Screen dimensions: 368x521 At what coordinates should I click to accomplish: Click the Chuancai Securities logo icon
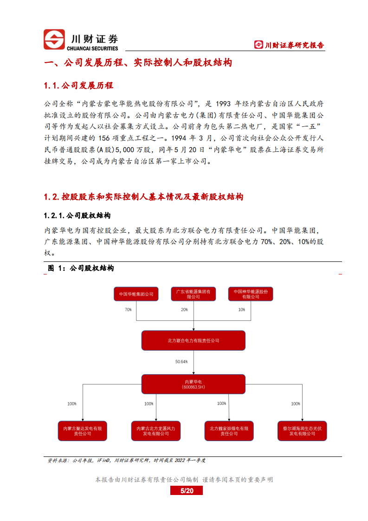[54, 39]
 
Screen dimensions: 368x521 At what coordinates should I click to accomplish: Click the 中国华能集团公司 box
[136, 294]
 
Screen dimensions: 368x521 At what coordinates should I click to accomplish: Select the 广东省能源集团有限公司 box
[194, 294]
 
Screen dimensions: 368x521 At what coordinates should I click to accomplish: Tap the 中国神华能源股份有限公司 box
[251, 294]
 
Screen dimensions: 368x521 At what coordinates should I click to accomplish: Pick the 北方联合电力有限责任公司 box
[194, 340]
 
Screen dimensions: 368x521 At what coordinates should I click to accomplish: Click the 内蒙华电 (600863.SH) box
[194, 384]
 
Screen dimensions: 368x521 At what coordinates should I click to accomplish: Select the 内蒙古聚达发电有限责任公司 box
[83, 431]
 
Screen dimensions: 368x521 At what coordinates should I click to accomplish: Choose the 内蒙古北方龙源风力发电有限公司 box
[156, 431]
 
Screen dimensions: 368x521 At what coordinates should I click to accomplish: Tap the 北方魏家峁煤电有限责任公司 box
[229, 431]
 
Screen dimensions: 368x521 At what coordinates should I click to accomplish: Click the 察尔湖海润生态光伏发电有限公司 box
[302, 431]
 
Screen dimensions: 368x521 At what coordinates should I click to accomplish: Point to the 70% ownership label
[128, 309]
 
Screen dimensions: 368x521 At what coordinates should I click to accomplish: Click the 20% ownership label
[185, 309]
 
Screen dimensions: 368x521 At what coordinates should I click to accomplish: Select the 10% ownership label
[242, 309]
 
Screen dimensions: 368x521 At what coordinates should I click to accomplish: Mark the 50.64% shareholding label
[181, 361]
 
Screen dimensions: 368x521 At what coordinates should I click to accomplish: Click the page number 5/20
[186, 491]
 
